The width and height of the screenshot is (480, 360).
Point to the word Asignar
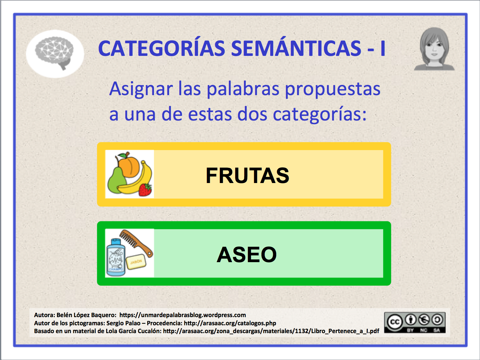point(141,89)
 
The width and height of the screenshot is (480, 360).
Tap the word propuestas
point(333,89)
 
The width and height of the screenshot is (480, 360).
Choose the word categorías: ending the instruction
point(319,114)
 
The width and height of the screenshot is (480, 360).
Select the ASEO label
point(247,254)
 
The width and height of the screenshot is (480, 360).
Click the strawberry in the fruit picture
point(145,190)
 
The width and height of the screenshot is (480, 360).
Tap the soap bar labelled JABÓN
point(136,262)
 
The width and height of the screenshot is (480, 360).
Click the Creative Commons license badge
point(415,323)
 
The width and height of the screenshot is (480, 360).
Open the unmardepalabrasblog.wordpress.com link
point(183,315)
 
